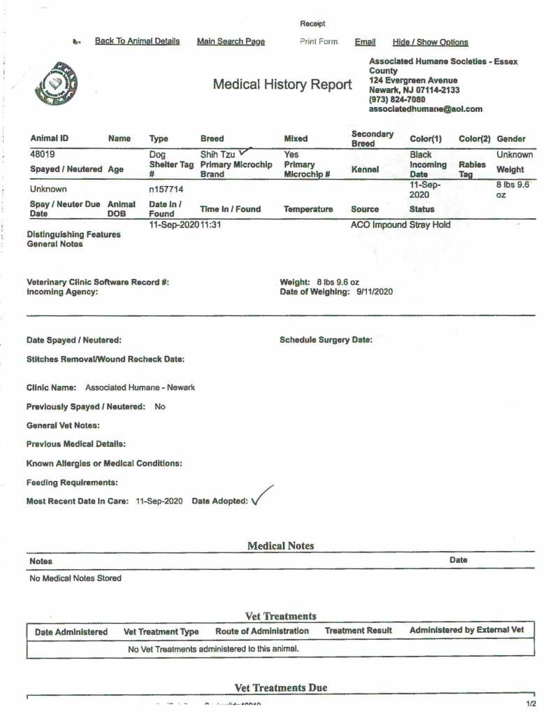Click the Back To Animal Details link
click(137, 41)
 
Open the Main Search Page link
click(231, 41)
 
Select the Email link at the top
click(365, 42)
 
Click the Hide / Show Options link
click(430, 42)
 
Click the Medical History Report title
click(282, 85)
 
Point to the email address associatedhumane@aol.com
click(426, 109)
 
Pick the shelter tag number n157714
click(166, 189)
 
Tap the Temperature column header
click(308, 209)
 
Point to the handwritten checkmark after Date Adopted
click(261, 496)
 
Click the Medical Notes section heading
click(280, 546)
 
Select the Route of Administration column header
click(262, 631)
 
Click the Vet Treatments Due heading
click(280, 688)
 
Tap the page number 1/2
click(530, 703)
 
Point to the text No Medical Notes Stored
click(75, 578)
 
